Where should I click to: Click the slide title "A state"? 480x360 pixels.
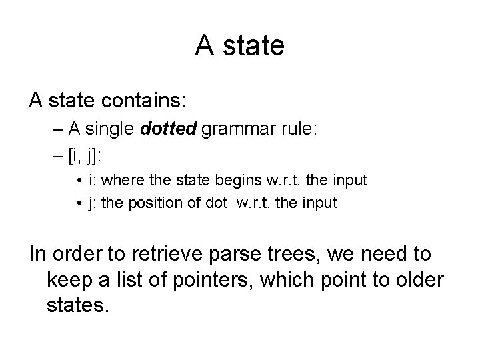pos(240,46)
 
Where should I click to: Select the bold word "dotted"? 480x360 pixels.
pos(167,131)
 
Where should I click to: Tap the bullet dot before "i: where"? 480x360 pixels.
pos(79,181)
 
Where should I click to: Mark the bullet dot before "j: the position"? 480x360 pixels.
pos(79,203)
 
